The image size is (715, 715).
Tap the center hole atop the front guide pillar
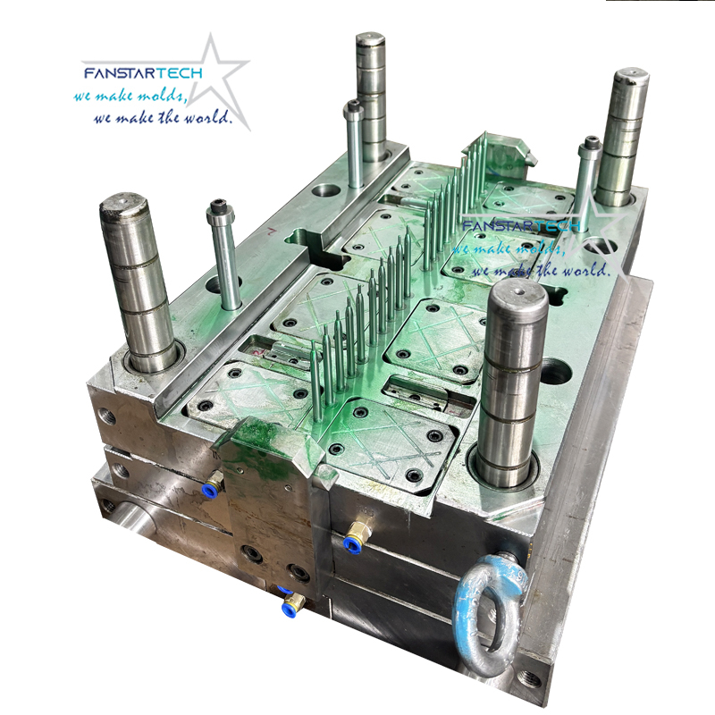click(517, 289)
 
